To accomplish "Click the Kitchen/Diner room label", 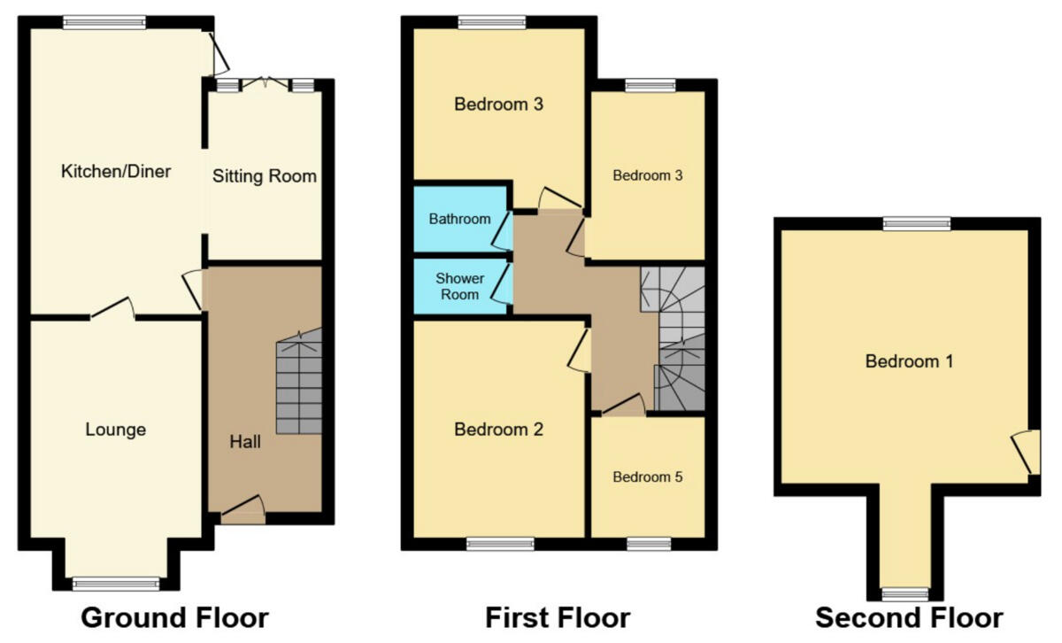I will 115,171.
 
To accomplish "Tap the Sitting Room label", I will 264,176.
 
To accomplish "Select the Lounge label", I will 115,430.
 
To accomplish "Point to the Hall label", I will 245,440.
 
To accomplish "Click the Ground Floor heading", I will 174,617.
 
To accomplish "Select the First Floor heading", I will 558,617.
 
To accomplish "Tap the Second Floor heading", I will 909,617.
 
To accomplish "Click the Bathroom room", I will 459,218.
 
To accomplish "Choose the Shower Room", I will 459,286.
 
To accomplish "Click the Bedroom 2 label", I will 498,430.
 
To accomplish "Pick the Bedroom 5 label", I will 648,476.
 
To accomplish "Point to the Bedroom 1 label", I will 909,361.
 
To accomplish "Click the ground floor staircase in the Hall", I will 299,385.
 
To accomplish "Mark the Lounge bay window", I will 116,583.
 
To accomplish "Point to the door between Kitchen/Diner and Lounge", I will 112,310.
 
